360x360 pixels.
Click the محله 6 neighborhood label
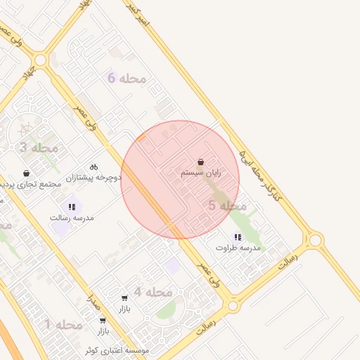[127, 78]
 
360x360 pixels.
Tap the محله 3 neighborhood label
[39, 148]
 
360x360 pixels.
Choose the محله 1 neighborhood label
[64, 324]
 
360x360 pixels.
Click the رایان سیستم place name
[201, 172]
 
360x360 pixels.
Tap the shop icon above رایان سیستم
[201, 161]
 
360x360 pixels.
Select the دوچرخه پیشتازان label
[94, 178]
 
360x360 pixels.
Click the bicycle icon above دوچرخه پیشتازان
[94, 167]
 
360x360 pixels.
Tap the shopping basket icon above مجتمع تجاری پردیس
[27, 173]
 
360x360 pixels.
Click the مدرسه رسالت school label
[71, 218]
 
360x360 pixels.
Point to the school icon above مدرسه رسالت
[71, 207]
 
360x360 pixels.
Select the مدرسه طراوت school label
[238, 248]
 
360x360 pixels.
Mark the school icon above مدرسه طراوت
[238, 237]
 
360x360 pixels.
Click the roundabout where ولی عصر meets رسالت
[231, 306]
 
